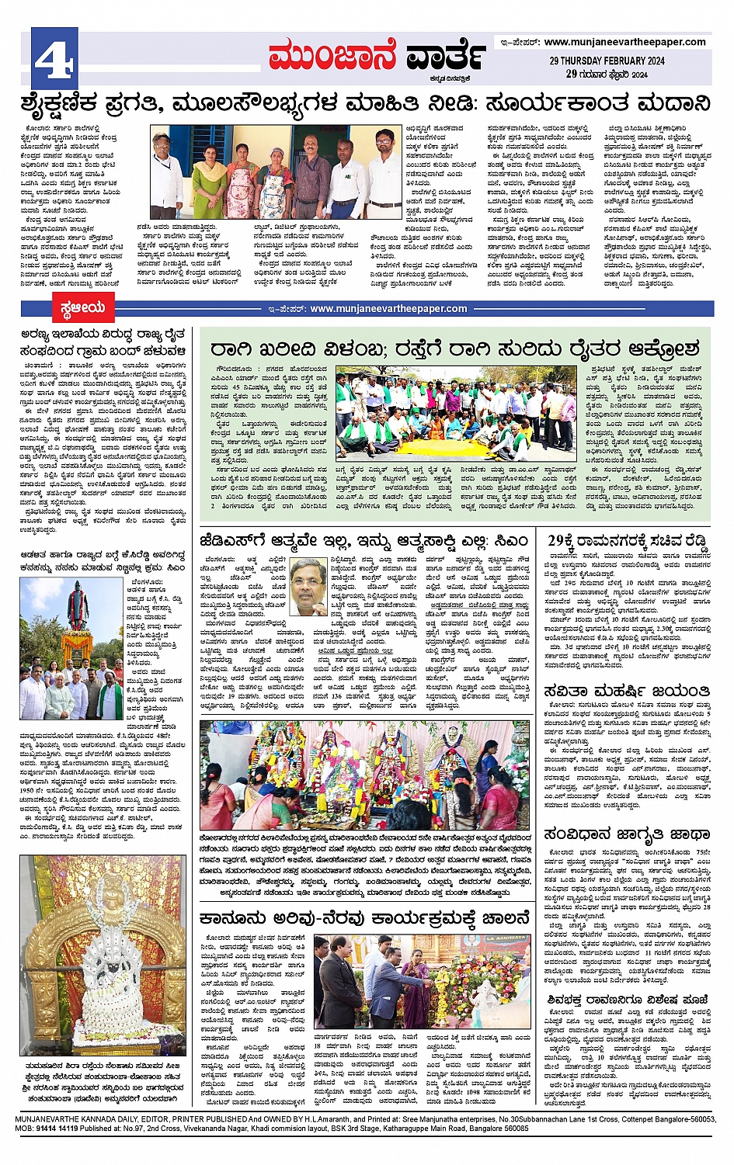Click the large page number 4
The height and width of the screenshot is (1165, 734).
(x=54, y=58)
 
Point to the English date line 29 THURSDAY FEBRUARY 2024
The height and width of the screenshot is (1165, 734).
(x=607, y=61)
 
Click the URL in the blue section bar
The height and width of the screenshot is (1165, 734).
(x=388, y=308)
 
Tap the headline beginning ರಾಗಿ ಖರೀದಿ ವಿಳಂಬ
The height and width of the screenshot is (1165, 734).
(x=454, y=348)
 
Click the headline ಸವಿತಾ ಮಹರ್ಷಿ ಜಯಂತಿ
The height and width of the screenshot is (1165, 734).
(x=628, y=691)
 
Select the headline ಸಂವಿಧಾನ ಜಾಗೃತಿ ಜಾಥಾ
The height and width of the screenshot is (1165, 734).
(x=628, y=834)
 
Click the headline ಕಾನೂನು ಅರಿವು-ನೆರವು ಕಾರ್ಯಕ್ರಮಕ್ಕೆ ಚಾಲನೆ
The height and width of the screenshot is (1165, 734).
(x=364, y=918)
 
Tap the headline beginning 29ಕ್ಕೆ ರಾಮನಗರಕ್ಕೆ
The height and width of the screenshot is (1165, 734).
(x=628, y=540)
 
